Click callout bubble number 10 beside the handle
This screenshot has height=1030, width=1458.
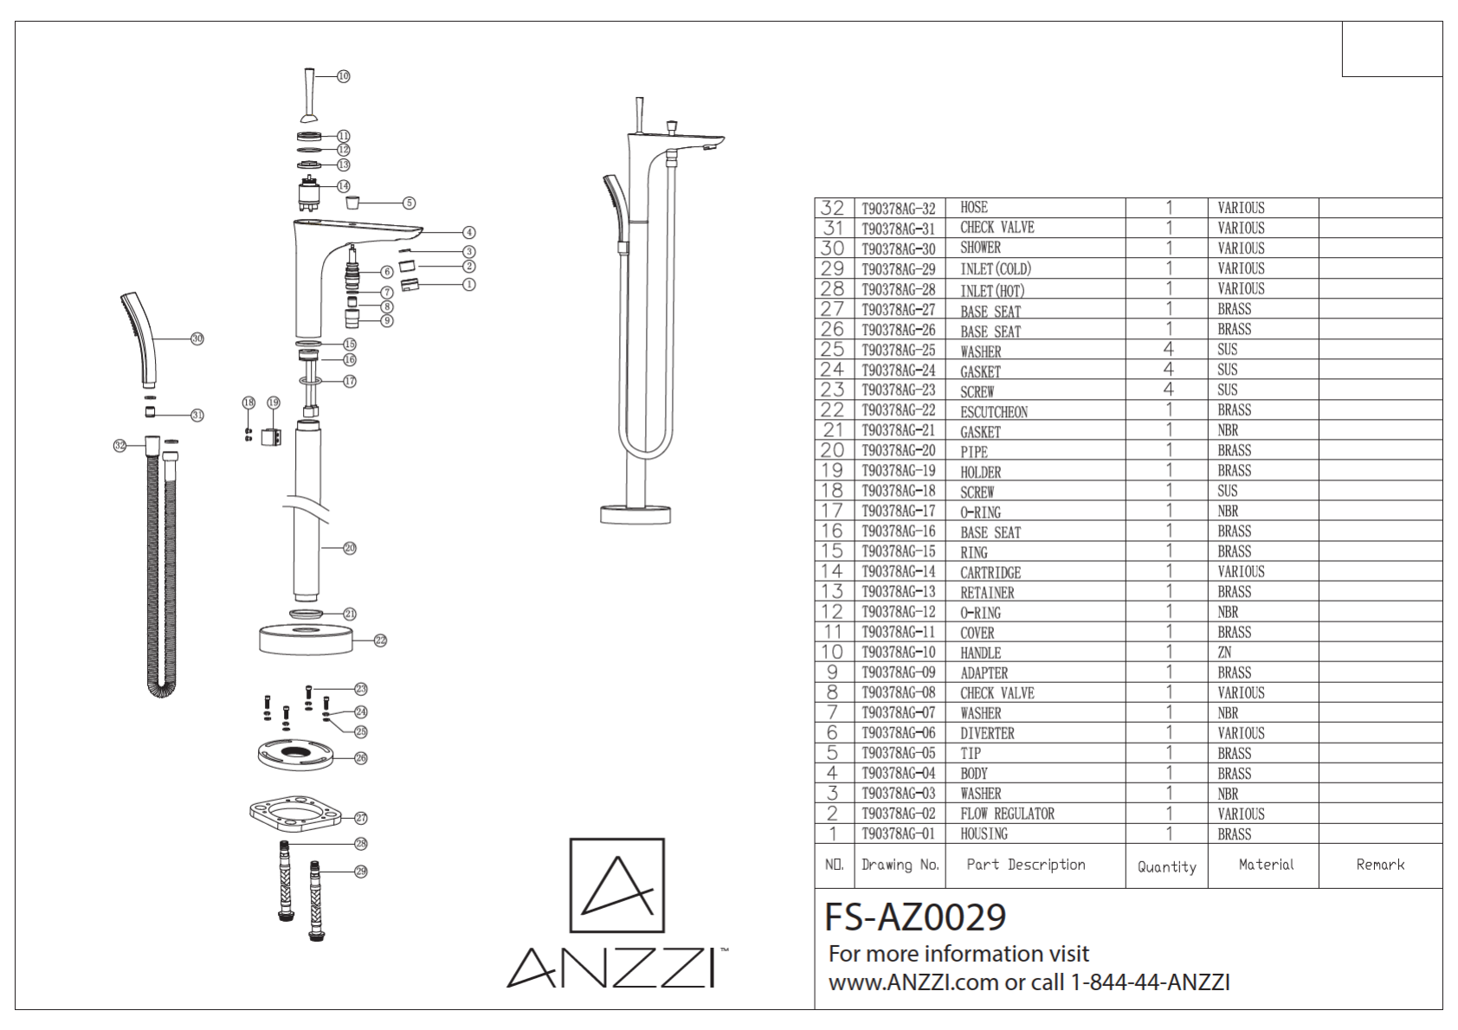pos(344,76)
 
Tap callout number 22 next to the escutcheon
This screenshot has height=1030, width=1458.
pos(380,641)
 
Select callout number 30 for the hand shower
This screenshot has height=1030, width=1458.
pos(197,338)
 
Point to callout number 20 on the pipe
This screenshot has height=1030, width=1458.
pos(350,548)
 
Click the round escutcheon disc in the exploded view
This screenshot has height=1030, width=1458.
pos(306,641)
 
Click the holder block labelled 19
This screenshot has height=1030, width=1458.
pos(271,436)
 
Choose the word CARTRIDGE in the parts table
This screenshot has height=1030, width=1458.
pos(990,573)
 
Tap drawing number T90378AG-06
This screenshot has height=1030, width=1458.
pos(898,732)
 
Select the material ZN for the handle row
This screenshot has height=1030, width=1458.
pos(1224,652)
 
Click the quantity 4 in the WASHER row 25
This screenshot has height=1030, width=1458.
pos(1168,350)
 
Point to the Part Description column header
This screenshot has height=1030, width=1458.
pos(1026,865)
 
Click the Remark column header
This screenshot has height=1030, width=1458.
pos(1380,865)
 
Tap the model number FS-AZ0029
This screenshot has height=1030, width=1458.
pos(915,917)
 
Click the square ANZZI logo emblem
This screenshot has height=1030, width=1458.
pos(617,885)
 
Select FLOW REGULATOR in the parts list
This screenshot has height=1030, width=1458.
pos(1007,814)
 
